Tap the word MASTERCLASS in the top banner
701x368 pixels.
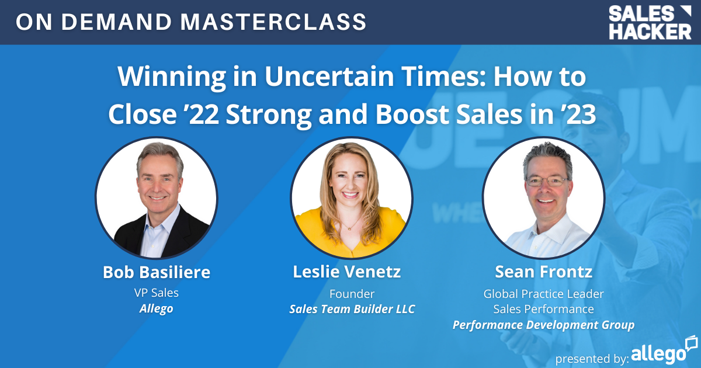click(x=274, y=22)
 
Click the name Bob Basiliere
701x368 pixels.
click(x=156, y=272)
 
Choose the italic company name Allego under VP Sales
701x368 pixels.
click(x=156, y=308)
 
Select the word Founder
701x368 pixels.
click(x=352, y=293)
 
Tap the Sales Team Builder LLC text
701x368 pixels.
click(x=352, y=309)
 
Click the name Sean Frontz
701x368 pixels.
click(x=543, y=272)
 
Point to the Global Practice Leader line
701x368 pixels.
click(x=543, y=293)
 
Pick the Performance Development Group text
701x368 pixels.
click(x=543, y=325)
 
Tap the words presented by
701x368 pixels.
click(x=592, y=356)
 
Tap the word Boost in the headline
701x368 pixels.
click(x=410, y=114)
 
